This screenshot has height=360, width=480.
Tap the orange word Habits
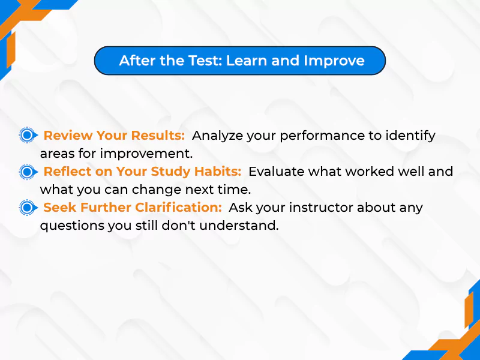(x=218, y=172)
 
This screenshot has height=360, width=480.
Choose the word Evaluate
(x=273, y=172)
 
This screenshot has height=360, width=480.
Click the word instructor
(x=312, y=208)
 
